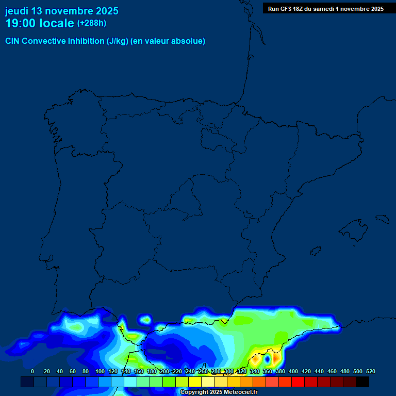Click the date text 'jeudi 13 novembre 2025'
pyautogui.click(x=61, y=11)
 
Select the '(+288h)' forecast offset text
pyautogui.click(x=92, y=23)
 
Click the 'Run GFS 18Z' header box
pyautogui.click(x=325, y=8)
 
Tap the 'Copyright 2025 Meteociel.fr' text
pyautogui.click(x=219, y=392)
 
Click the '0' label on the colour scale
pyautogui.click(x=32, y=371)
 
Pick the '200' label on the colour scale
pyautogui.click(x=164, y=371)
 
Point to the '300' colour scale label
pyautogui.click(x=229, y=371)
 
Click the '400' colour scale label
pyautogui.click(x=293, y=371)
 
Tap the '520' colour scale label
pyautogui.click(x=371, y=371)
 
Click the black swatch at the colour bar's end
pyautogui.click(x=362, y=382)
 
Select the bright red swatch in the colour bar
pyautogui.click(x=298, y=382)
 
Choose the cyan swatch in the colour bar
pyautogui.click(x=130, y=382)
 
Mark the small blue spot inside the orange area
pyautogui.click(x=267, y=358)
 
